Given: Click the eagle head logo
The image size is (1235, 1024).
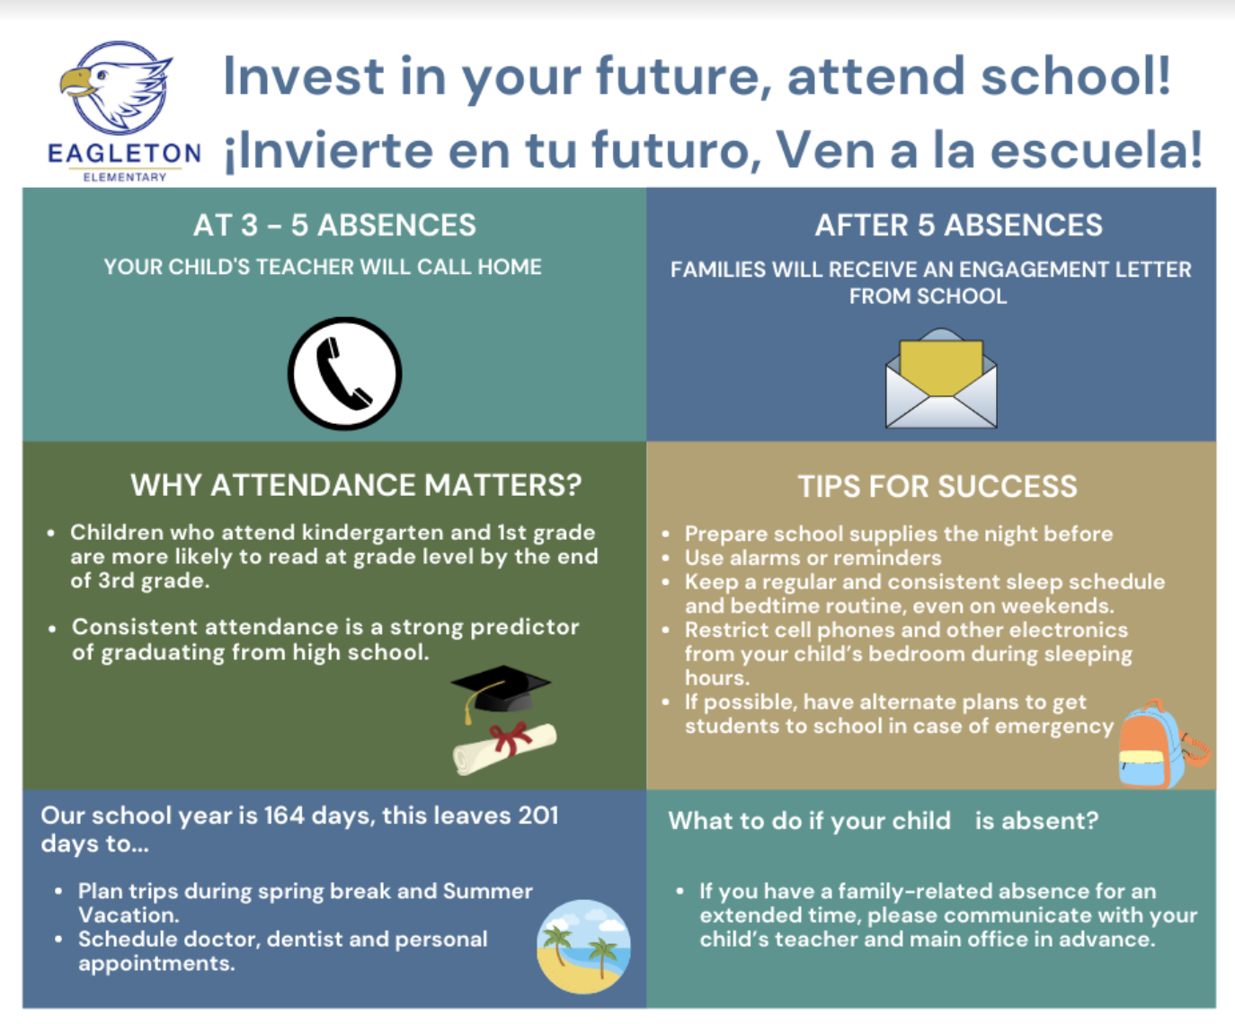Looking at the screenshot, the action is coord(117,87).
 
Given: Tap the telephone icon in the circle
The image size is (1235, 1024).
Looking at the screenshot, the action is coord(345,374).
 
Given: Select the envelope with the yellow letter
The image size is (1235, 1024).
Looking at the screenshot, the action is coord(941,378).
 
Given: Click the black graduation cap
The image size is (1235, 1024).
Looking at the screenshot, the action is coord(501,692).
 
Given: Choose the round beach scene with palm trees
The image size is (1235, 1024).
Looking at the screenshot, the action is coord(583,947).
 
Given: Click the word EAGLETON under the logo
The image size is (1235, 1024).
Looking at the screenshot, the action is coord(124,154).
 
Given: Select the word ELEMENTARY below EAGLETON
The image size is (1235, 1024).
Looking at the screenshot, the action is coord(125,177).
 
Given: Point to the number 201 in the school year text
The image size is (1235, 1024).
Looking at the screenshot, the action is coord(538,816).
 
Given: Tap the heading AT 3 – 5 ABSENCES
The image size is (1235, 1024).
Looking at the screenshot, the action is coord(334,225).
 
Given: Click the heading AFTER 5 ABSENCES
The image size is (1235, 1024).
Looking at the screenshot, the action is coord(959,225).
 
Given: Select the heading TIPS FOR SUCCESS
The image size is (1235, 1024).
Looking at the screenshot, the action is coord(938,487).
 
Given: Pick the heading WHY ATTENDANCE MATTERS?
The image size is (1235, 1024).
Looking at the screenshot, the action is coord(356,485).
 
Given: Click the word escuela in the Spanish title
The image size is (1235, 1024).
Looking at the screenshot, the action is coord(1096,150).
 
